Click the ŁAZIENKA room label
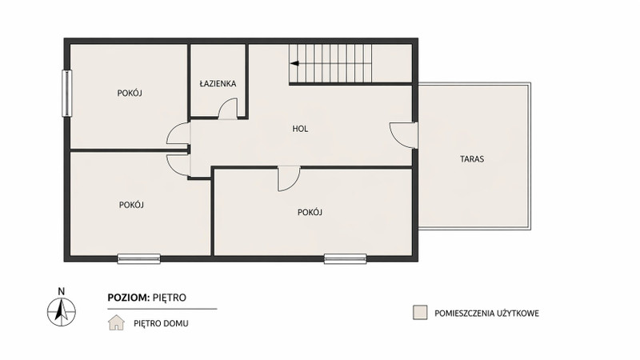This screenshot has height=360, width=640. (x=218, y=84)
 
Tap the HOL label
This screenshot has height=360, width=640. (x=300, y=129)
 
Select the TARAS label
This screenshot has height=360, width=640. (x=472, y=158)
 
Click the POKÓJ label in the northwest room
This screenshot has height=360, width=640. (x=130, y=93)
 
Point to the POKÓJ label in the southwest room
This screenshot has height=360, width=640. (x=131, y=205)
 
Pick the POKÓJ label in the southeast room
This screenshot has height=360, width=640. (x=310, y=212)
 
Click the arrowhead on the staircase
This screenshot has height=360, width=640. (x=294, y=63)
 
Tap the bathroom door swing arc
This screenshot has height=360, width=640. (x=227, y=109)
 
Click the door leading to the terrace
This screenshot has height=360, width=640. (x=403, y=135)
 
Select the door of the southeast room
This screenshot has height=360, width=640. (x=289, y=178)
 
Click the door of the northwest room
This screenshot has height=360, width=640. (x=178, y=133)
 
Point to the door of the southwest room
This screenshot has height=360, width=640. (x=178, y=165)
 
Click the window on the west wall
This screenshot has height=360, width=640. (x=67, y=93)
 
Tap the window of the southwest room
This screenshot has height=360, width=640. (x=138, y=258)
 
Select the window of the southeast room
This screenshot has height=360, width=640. (x=346, y=258)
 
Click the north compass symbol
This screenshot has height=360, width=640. (x=62, y=312)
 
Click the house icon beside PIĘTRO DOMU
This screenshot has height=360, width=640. (x=116, y=322)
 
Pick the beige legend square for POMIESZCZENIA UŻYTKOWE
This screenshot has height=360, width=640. (x=420, y=313)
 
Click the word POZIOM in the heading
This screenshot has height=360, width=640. (x=129, y=298)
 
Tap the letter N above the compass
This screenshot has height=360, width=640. (x=62, y=291)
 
